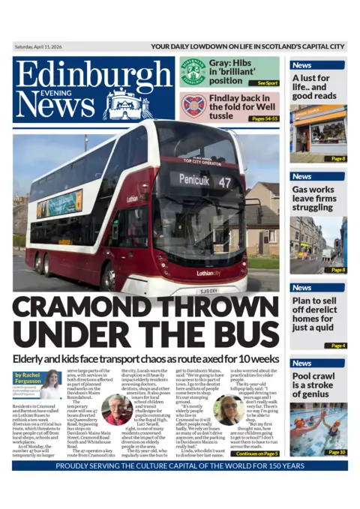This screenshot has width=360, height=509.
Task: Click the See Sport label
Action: [267, 82]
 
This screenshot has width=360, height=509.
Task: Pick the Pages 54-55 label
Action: [264, 118]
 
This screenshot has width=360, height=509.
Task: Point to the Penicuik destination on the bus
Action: [193, 180]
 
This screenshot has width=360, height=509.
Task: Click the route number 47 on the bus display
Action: [224, 180]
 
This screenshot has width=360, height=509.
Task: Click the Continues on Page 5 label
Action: [256, 454]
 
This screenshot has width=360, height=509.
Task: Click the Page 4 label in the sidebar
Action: [338, 346]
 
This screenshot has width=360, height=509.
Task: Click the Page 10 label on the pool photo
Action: [337, 452]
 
